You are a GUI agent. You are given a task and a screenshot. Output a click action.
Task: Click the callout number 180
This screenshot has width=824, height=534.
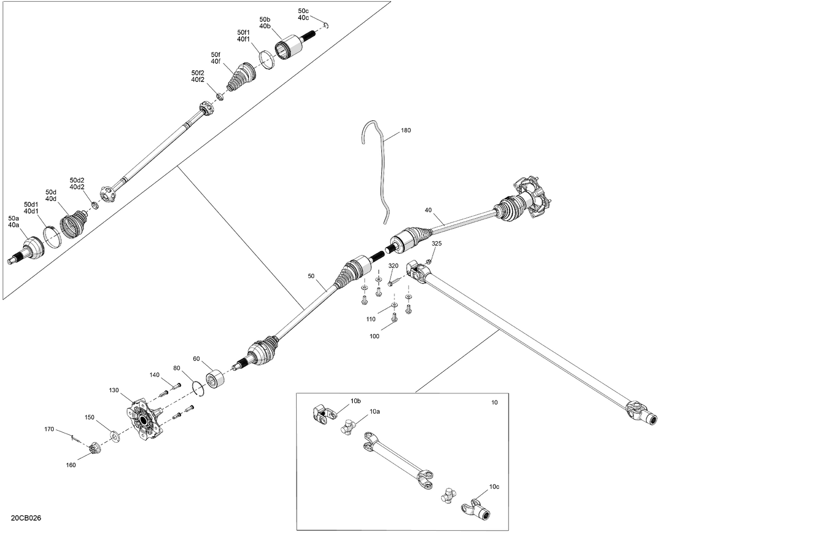click(406, 131)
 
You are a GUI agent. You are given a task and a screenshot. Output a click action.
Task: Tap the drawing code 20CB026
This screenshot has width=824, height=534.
click(25, 518)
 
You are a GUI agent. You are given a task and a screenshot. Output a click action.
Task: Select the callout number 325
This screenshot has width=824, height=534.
click(436, 243)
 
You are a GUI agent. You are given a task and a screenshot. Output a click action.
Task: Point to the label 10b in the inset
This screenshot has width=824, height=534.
click(356, 401)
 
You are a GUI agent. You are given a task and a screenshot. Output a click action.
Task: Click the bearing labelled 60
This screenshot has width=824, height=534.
click(214, 379)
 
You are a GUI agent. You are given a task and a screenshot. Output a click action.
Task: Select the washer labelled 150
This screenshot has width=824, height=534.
click(114, 436)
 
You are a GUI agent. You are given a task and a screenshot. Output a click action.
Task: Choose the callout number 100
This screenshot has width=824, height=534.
click(374, 336)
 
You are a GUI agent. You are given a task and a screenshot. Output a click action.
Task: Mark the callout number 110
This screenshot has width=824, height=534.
click(371, 319)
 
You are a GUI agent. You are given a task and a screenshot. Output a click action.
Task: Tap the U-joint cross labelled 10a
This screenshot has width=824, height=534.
click(348, 426)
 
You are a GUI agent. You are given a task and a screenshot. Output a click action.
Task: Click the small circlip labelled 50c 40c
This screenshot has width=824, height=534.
click(326, 25)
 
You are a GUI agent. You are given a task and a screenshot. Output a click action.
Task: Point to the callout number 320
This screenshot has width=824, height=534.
click(393, 266)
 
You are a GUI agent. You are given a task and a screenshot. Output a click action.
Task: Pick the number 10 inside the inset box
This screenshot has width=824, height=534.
click(494, 403)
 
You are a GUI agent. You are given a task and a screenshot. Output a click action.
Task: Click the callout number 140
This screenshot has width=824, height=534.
click(154, 375)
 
